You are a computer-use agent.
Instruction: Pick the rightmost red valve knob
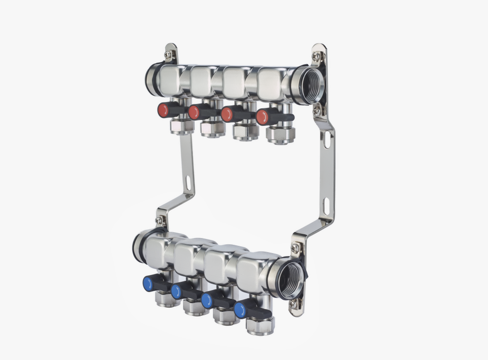262,117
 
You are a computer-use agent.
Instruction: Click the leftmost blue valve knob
149,282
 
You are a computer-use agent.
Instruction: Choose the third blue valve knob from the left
208,300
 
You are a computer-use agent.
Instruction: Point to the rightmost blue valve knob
240,309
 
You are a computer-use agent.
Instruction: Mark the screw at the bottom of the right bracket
294,304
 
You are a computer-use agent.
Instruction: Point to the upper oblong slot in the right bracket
327,140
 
